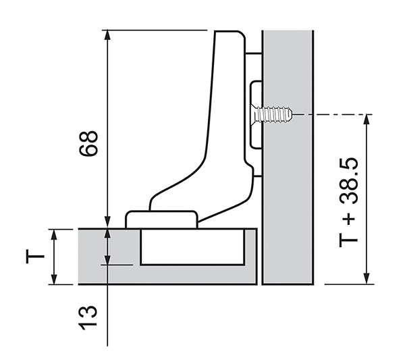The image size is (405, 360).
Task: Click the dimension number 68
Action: click(x=88, y=143)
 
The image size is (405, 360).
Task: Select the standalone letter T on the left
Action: click(x=35, y=257)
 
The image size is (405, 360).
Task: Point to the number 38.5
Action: click(x=349, y=181)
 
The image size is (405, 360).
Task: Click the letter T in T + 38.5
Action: click(x=348, y=240)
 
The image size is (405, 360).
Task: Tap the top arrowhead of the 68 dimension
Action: click(x=107, y=35)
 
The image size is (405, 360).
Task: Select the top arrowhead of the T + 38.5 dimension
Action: click(x=367, y=119)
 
